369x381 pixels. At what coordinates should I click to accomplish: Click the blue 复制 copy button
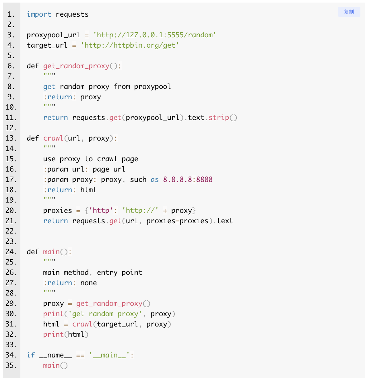pyautogui.click(x=349, y=12)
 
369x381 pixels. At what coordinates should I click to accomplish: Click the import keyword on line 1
pyautogui.click(x=39, y=14)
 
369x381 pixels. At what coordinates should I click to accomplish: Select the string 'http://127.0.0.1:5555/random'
pyautogui.click(x=155, y=35)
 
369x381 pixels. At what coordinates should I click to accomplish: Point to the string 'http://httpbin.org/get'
pyautogui.click(x=130, y=45)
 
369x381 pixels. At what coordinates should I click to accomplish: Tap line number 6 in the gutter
pyautogui.click(x=11, y=66)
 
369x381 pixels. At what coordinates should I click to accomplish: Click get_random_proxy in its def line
pyautogui.click(x=76, y=66)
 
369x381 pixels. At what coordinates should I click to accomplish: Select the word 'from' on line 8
pyautogui.click(x=122, y=87)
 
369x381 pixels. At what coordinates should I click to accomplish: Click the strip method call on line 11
pyautogui.click(x=219, y=118)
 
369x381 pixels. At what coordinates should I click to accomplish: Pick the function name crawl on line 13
pyautogui.click(x=53, y=138)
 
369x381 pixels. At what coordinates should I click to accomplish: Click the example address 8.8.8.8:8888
pyautogui.click(x=188, y=180)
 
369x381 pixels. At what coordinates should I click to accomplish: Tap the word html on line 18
pyautogui.click(x=88, y=190)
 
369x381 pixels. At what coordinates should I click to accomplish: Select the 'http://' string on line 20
pyautogui.click(x=140, y=211)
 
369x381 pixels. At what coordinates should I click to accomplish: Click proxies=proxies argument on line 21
pyautogui.click(x=177, y=221)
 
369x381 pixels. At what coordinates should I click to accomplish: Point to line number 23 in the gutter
pyautogui.click(x=11, y=242)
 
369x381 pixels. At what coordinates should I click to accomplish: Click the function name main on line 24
pyautogui.click(x=51, y=252)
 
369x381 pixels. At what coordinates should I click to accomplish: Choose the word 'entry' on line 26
pyautogui.click(x=107, y=273)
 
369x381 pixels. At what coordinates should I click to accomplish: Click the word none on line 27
pyautogui.click(x=88, y=283)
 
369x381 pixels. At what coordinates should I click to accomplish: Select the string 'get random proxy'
pyautogui.click(x=105, y=314)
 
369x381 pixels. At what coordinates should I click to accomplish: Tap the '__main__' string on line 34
pyautogui.click(x=109, y=355)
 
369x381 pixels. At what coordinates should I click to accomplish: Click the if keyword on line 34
pyautogui.click(x=31, y=355)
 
